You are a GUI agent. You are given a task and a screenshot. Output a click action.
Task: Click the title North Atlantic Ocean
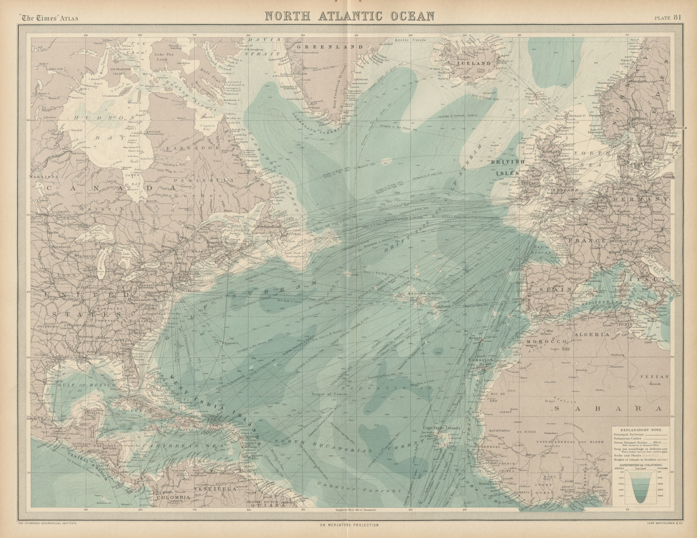pyautogui.click(x=350, y=16)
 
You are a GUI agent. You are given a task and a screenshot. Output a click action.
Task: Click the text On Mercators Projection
pyautogui.click(x=348, y=525)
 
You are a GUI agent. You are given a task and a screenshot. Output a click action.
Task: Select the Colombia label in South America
pyautogui.click(x=173, y=497)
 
